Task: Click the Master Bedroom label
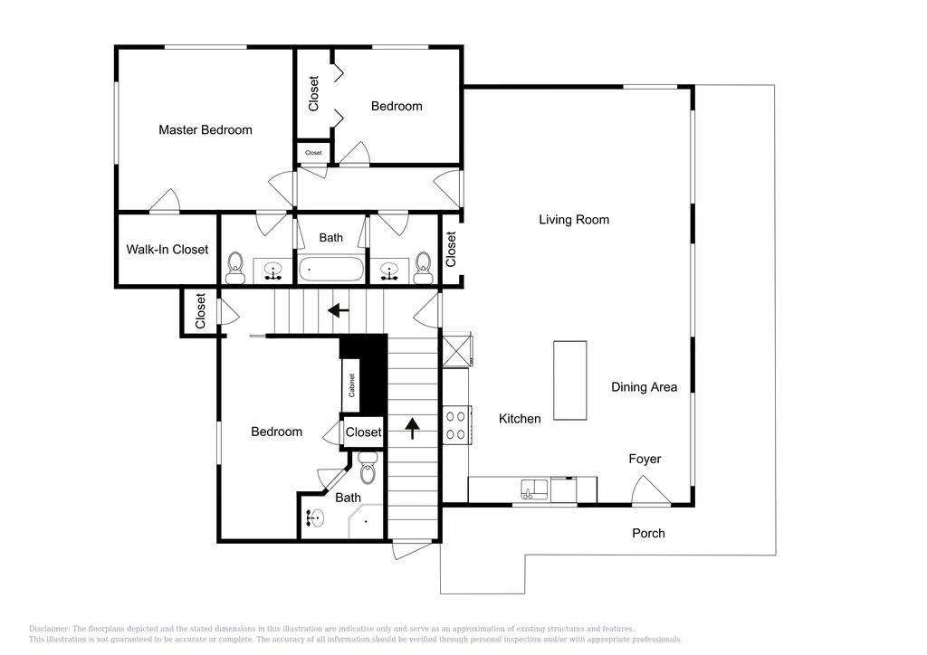[205, 129]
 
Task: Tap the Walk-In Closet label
[167, 250]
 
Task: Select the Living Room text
[574, 219]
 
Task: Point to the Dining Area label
[644, 387]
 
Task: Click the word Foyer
[645, 459]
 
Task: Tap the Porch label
[648, 533]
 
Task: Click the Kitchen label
[520, 419]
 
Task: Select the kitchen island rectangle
[570, 380]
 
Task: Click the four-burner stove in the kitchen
[455, 426]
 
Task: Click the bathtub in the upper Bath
[331, 270]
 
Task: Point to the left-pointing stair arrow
[338, 310]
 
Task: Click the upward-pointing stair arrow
[413, 428]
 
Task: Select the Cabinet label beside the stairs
[351, 385]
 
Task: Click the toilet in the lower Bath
[368, 470]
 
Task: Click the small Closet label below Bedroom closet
[313, 153]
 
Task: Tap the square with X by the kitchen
[456, 350]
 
